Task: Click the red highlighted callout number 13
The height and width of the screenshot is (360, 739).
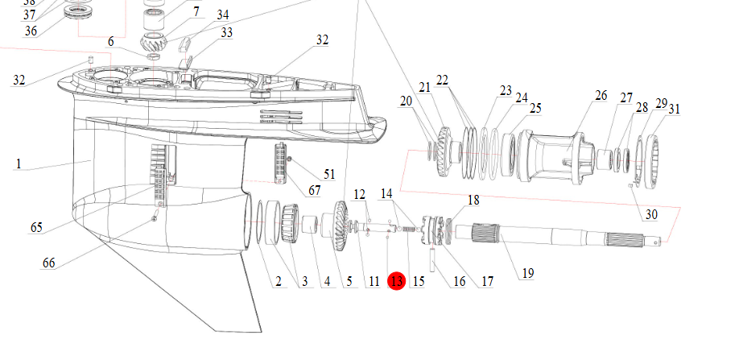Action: click(x=396, y=281)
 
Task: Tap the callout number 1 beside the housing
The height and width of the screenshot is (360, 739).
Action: click(x=17, y=163)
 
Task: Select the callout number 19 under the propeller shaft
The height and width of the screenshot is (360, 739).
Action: click(x=527, y=273)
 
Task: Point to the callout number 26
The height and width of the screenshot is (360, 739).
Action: click(x=601, y=96)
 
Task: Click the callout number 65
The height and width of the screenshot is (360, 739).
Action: click(x=36, y=228)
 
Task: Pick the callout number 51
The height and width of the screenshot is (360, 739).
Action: click(x=329, y=174)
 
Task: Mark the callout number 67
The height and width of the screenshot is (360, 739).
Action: click(x=315, y=189)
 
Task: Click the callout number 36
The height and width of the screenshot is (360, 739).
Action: click(x=31, y=31)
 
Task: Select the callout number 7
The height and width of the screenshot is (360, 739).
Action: click(x=196, y=12)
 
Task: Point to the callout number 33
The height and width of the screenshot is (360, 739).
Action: click(x=226, y=32)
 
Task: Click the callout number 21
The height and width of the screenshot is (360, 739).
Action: click(x=425, y=86)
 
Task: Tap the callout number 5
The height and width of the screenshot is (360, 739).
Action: click(x=349, y=281)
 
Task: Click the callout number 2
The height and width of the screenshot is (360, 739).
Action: click(x=278, y=281)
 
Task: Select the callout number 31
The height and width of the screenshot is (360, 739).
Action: click(x=674, y=109)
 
